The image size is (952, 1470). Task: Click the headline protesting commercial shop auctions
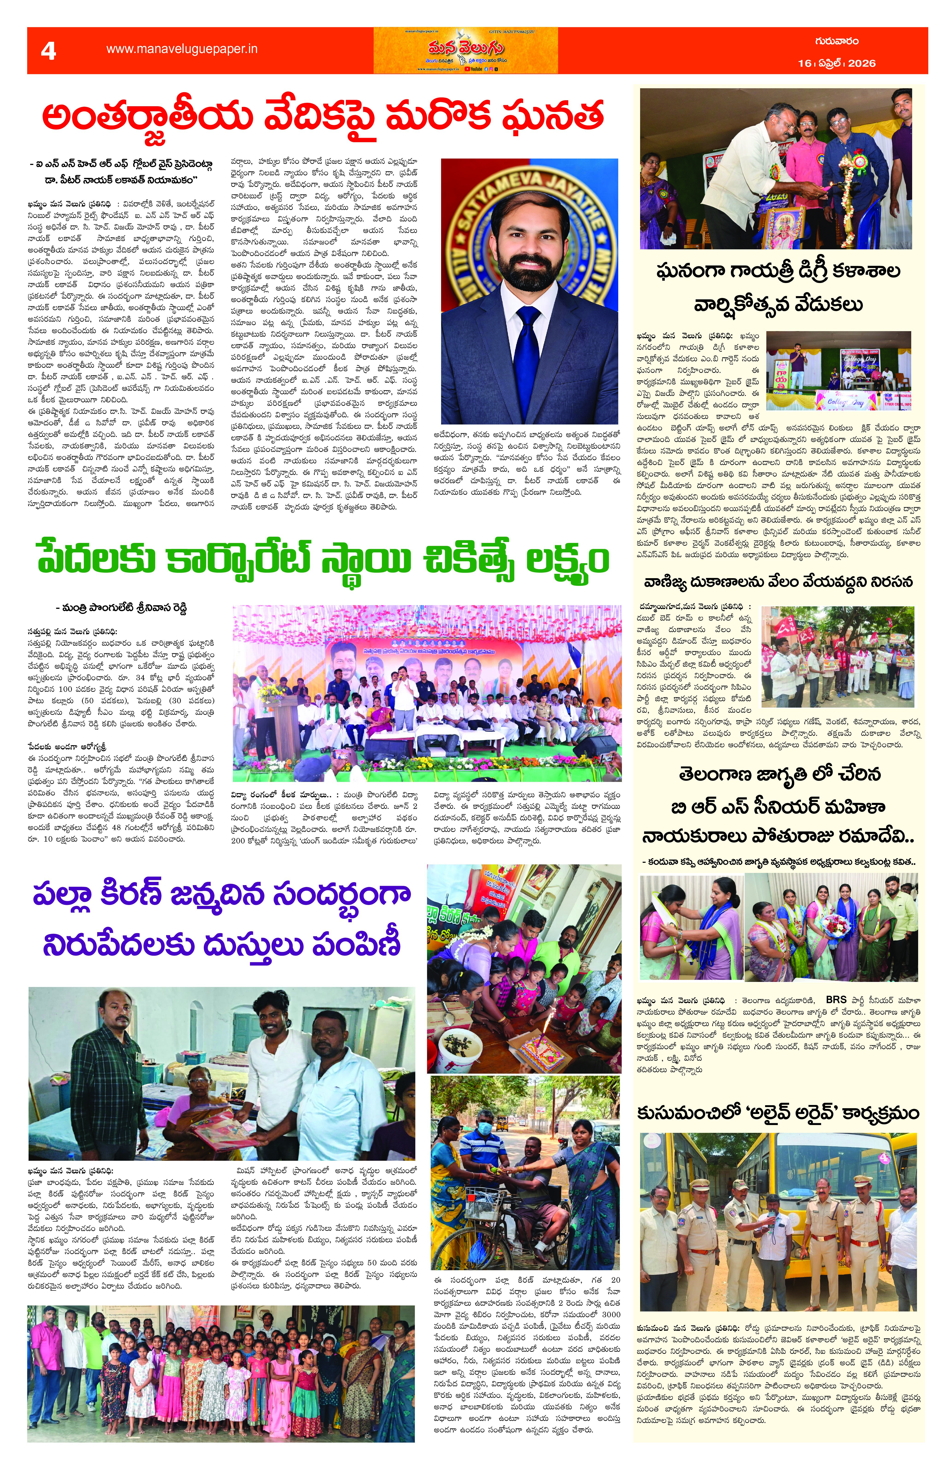click(778, 582)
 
